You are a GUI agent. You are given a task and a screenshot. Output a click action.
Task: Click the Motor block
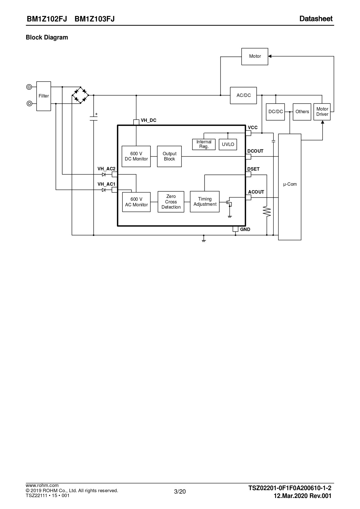[x=255, y=56]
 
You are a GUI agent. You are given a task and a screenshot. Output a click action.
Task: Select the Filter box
[x=44, y=96]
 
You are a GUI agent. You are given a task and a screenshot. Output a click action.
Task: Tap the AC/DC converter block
[x=243, y=95]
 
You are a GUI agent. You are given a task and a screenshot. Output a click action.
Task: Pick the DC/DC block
[x=275, y=112]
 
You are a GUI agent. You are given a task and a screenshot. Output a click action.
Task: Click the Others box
[x=302, y=112]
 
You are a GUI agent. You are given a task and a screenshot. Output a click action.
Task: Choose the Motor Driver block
[x=322, y=112]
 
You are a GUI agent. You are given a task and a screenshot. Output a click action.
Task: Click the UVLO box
[x=228, y=144]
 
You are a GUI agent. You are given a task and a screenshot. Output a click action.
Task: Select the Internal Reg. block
[x=204, y=144]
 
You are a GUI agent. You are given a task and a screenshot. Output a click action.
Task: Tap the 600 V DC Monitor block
[x=136, y=156]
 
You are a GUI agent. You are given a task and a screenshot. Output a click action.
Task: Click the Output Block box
[x=169, y=156]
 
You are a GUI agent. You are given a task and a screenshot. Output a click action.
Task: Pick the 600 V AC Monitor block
[x=136, y=202]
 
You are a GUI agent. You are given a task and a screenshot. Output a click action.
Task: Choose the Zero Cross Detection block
[x=171, y=202]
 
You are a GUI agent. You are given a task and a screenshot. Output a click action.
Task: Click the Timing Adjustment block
[x=205, y=202]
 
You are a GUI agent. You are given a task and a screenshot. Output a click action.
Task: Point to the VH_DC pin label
[x=148, y=120]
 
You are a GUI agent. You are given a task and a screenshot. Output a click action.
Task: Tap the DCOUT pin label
[x=255, y=151]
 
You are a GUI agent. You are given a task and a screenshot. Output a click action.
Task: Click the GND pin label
[x=245, y=229]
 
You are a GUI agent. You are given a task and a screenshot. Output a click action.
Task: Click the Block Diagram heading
[x=47, y=37]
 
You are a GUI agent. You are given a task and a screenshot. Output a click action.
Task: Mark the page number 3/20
[x=180, y=491]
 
